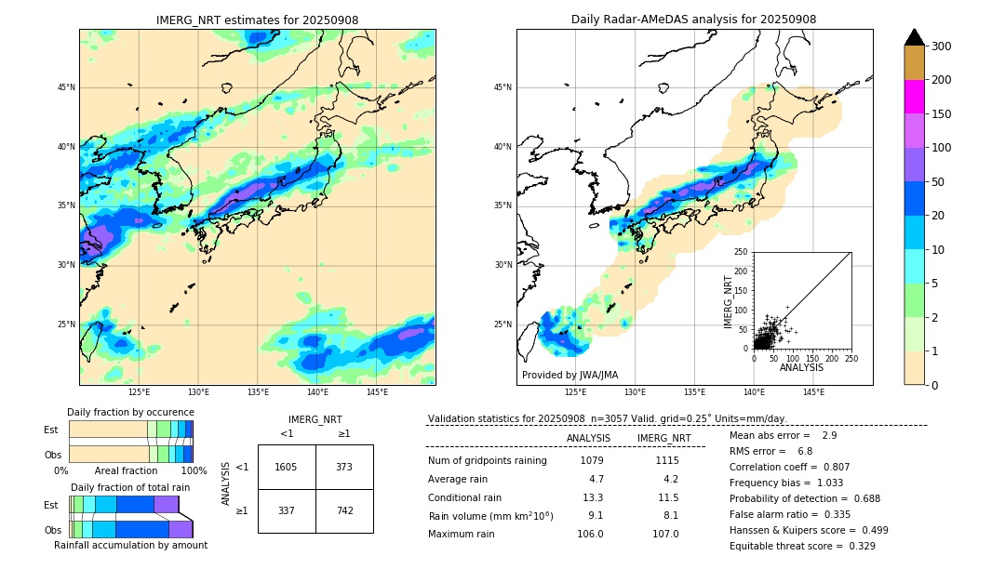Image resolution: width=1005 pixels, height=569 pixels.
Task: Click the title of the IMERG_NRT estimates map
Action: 257,20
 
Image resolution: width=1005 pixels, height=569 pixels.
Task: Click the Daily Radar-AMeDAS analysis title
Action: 693,20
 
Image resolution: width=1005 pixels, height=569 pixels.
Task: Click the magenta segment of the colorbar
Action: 914,97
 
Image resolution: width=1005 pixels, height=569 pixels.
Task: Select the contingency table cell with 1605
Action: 286,467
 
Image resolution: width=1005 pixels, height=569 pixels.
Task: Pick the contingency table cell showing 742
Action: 344,510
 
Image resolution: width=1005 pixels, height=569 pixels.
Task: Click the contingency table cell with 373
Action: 344,467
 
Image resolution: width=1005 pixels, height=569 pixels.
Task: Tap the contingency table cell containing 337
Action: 286,510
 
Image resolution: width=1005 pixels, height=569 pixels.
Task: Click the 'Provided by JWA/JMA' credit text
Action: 569,375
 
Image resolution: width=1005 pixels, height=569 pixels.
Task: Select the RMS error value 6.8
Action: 804,451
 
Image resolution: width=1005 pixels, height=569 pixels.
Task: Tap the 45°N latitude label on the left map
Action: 65,87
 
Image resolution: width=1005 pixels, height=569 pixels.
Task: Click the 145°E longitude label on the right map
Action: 813,392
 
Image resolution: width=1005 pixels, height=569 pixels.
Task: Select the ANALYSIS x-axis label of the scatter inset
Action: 801,367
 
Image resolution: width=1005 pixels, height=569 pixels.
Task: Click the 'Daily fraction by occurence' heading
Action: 130,412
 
